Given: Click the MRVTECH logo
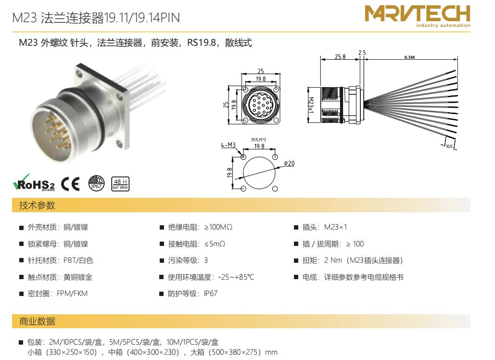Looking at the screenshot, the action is [x=418, y=16].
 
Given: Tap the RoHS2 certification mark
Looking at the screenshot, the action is [x=34, y=182].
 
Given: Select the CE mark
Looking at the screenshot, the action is [x=70, y=184].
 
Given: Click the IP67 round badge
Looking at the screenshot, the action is [x=96, y=183].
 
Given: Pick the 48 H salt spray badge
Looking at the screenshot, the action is [x=120, y=184].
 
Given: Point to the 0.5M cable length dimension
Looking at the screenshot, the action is [x=409, y=57].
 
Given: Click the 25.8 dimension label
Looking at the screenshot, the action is [x=340, y=56].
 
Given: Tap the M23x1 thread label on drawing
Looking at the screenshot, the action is [x=311, y=105].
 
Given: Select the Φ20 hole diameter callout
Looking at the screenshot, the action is [x=289, y=163].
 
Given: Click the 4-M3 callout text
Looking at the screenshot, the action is [x=228, y=145].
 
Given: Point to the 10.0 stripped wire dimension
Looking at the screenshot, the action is [x=449, y=146].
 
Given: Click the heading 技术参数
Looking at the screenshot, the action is [x=37, y=205].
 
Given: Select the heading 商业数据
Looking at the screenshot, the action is [x=37, y=321].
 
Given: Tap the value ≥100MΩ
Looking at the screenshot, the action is [x=218, y=227].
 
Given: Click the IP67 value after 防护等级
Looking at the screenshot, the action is [x=211, y=294].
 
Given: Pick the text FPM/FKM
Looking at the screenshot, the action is [x=72, y=294].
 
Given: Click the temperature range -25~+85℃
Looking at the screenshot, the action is [x=236, y=277].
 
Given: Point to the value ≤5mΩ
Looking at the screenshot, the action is [x=215, y=244].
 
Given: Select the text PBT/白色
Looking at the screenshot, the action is [x=78, y=260].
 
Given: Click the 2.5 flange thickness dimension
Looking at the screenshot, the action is [x=362, y=52].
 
